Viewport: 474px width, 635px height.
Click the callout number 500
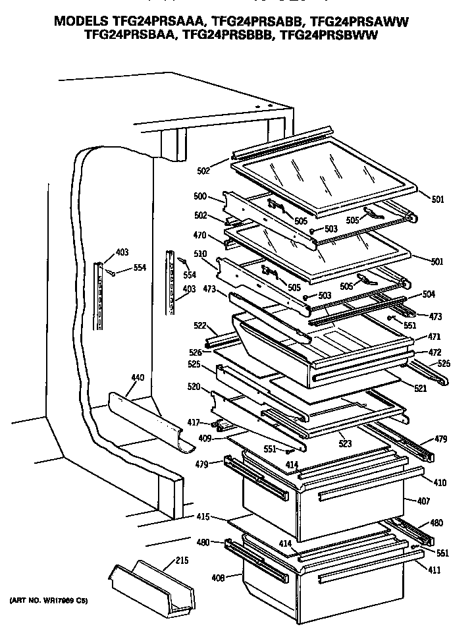pos(199,197)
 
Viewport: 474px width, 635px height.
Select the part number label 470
pos(199,235)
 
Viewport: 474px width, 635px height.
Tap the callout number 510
pos(199,254)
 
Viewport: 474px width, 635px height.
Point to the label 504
pos(429,295)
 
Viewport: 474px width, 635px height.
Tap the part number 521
pos(421,389)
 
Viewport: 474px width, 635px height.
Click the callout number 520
pos(194,387)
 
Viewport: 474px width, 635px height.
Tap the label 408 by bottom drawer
pos(217,578)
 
